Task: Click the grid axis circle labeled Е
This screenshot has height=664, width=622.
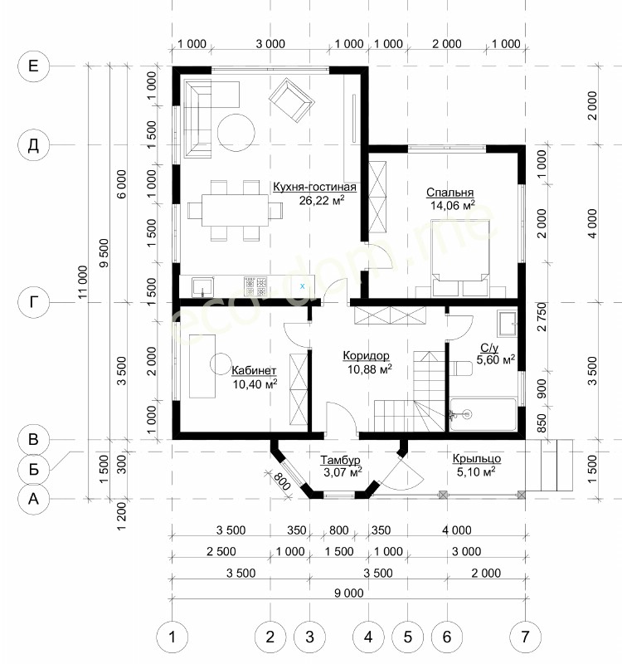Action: click(x=33, y=66)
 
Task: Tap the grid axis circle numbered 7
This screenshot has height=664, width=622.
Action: click(x=525, y=637)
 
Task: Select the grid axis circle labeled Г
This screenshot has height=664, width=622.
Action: click(x=33, y=302)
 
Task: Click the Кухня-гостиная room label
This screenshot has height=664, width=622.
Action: click(x=314, y=187)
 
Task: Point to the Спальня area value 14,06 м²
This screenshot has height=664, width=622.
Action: click(x=452, y=205)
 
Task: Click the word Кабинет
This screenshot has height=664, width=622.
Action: click(x=254, y=370)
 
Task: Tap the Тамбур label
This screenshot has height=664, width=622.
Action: click(x=340, y=460)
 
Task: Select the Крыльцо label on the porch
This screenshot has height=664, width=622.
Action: click(x=477, y=459)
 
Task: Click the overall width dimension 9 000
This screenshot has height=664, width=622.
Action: click(x=348, y=593)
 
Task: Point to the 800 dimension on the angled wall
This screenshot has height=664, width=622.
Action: click(x=282, y=481)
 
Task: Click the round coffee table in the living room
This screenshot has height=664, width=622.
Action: click(x=236, y=133)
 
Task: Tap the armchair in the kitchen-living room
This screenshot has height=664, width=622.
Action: click(x=292, y=100)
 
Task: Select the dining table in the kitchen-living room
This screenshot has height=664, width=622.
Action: click(x=235, y=211)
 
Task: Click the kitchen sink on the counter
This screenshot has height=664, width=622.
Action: click(x=203, y=286)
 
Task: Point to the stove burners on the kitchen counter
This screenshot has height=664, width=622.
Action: click(x=255, y=286)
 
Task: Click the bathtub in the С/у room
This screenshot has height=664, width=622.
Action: click(x=483, y=414)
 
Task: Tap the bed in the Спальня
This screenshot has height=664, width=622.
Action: click(x=460, y=257)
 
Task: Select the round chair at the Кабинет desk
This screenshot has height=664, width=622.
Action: click(x=221, y=364)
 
